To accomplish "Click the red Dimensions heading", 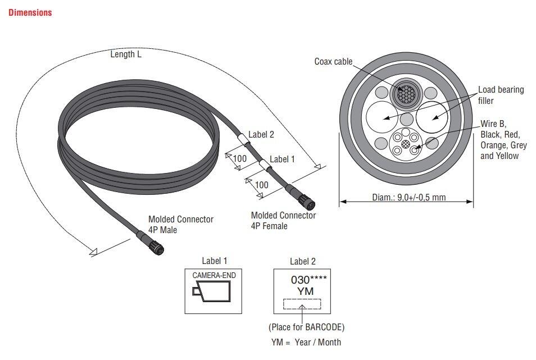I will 30,12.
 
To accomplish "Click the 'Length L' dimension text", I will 126,54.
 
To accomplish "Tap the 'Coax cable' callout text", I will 333,61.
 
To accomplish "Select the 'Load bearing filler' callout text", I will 501,95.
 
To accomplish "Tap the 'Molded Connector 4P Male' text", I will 180,224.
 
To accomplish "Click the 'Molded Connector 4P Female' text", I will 283,220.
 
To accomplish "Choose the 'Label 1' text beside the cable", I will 282,159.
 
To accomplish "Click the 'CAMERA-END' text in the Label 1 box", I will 214,276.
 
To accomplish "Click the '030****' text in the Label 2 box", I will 308,279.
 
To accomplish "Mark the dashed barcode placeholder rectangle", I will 302,304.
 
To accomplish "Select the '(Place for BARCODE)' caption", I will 306,327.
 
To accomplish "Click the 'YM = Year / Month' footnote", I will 306,342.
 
